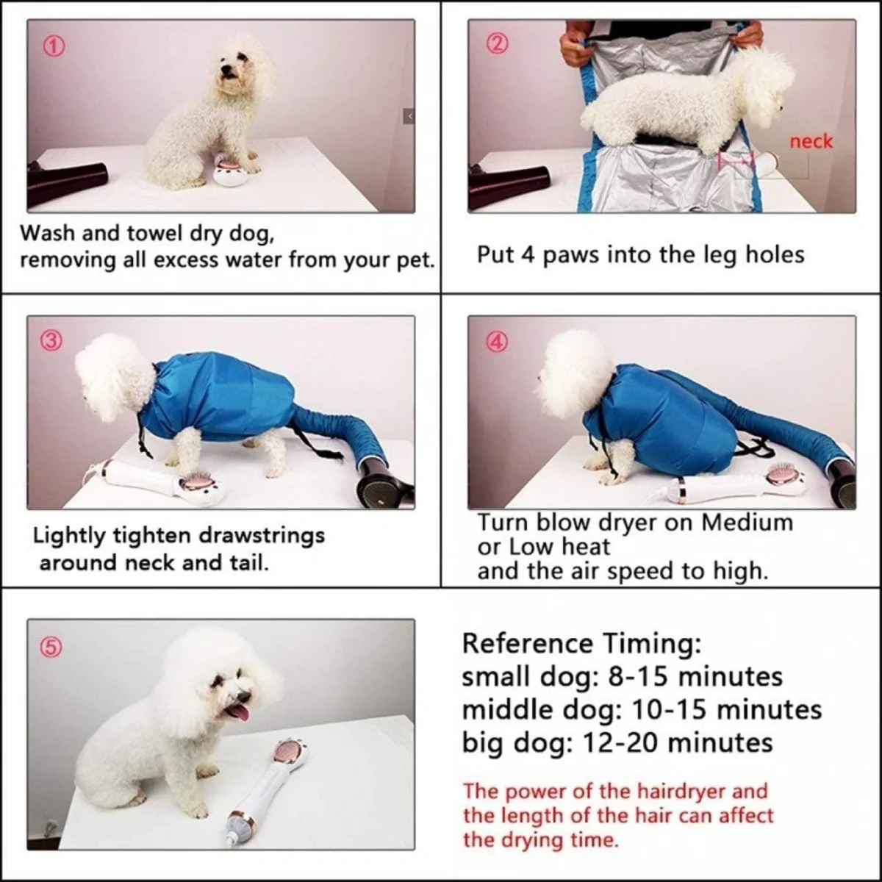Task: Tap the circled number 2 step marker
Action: (x=497, y=45)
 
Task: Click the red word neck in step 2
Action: (x=811, y=141)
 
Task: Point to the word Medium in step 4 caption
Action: (x=747, y=523)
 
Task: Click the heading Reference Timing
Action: (x=581, y=643)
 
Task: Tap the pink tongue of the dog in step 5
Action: (x=240, y=711)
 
